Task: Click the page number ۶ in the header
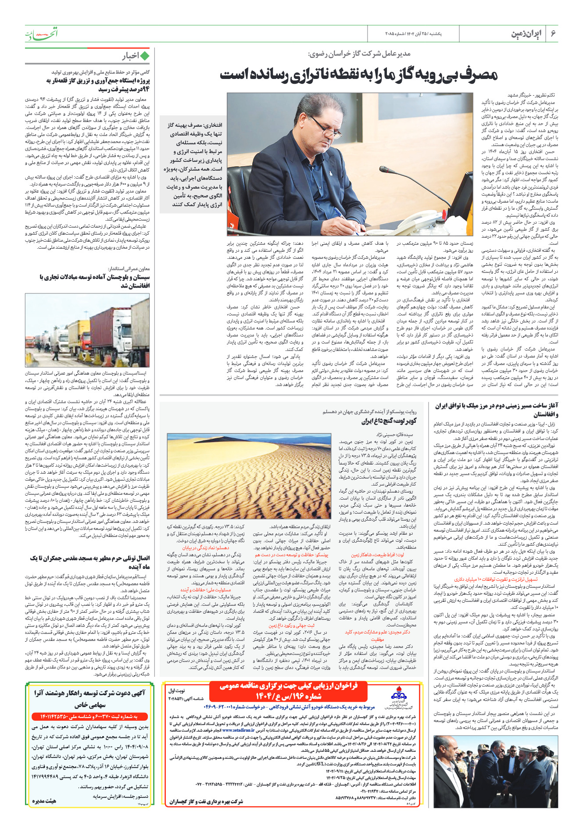point(553,34)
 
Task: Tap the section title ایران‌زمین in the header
point(526,34)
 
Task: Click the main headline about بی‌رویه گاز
point(359,75)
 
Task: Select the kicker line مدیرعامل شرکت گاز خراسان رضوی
point(359,54)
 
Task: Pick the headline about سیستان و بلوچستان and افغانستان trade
point(94,281)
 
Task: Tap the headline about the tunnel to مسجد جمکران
point(90,562)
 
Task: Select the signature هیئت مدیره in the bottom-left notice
point(44,801)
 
